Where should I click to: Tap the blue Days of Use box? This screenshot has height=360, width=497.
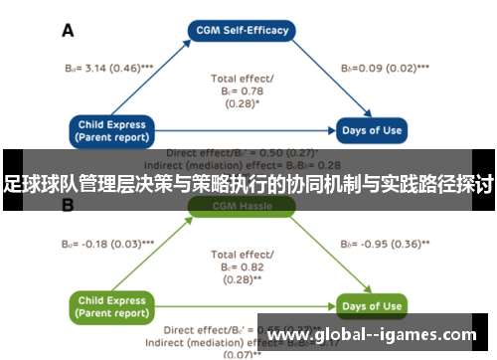[x=372, y=129]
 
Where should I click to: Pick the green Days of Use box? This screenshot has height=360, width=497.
[x=372, y=305]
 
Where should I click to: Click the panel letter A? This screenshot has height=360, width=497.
[x=69, y=31]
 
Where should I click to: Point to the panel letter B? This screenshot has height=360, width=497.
[x=69, y=206]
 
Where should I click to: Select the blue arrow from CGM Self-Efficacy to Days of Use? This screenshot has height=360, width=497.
[x=318, y=80]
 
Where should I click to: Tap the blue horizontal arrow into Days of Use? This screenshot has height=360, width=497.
[x=248, y=130]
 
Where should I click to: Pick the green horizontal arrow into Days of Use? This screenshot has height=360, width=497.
[x=248, y=305]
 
